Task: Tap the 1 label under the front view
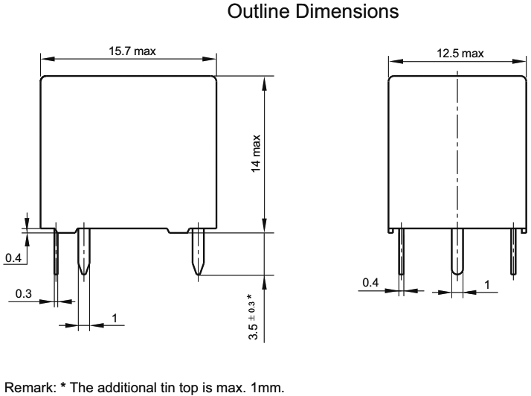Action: click(115, 318)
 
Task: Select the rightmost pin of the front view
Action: click(199, 253)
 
